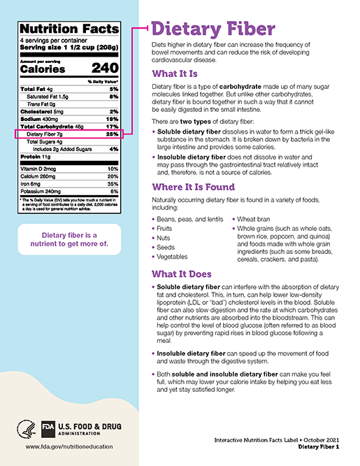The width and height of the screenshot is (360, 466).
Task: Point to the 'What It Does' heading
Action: pyautogui.click(x=188, y=274)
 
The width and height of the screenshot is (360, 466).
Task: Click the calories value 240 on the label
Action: pyautogui.click(x=104, y=69)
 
